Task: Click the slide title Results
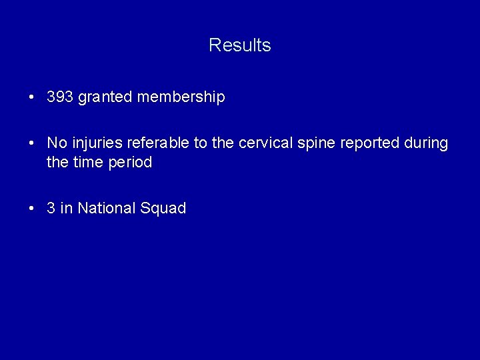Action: point(239,45)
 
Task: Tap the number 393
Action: point(60,97)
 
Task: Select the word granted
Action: point(105,97)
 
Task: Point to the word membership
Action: point(181,97)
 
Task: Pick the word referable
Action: point(155,143)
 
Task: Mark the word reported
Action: point(369,143)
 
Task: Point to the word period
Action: point(131,162)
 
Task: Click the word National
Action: point(107,208)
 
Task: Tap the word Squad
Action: point(163,208)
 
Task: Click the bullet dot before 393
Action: point(32,98)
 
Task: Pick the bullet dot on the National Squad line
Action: point(32,209)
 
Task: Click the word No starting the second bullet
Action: point(57,143)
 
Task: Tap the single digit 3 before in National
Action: point(51,208)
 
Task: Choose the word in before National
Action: point(67,208)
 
